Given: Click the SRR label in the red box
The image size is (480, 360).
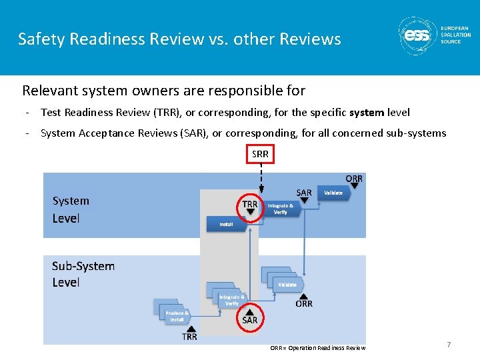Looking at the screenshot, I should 260,154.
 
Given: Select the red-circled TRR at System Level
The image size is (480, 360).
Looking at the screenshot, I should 250,207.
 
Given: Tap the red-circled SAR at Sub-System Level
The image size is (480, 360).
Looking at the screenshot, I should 249,316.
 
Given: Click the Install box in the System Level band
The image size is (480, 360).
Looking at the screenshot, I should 227,225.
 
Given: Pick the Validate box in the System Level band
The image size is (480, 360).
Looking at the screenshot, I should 333,193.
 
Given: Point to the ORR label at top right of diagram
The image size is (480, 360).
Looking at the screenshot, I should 354,179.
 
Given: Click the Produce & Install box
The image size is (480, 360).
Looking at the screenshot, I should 177,316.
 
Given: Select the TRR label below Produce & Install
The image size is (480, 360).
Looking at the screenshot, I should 190,337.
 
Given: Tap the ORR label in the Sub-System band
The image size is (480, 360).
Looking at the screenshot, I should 304,303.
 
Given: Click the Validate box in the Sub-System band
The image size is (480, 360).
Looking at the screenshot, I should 287,285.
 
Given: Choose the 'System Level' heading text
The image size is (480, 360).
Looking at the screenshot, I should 70,209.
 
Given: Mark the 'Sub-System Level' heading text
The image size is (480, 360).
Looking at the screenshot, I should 83,274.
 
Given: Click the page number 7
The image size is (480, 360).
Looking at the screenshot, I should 449,345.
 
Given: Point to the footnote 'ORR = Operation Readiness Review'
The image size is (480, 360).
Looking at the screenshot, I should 317,347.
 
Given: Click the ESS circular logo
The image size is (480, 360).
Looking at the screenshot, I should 417,36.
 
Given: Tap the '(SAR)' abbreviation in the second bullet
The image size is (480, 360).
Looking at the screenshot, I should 194,133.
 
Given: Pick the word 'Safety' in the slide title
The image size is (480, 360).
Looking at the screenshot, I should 39,39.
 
